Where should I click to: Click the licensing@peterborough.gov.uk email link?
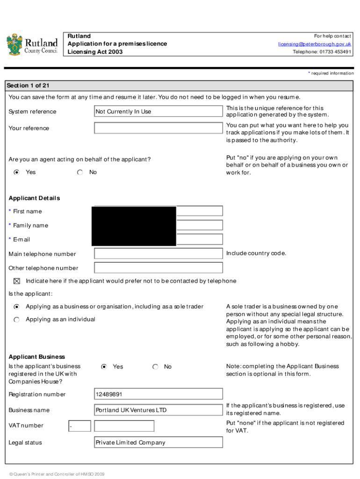click(x=315, y=44)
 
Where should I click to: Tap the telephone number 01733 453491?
click(x=322, y=52)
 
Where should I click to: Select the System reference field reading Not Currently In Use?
click(x=158, y=111)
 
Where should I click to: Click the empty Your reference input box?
click(x=158, y=128)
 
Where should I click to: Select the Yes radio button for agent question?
click(x=17, y=172)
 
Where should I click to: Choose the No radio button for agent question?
click(x=80, y=172)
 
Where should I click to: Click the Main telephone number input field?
click(x=158, y=254)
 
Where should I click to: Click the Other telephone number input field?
click(x=158, y=268)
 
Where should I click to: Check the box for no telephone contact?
click(x=17, y=281)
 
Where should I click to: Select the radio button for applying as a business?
click(x=17, y=307)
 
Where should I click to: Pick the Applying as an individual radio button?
click(x=17, y=319)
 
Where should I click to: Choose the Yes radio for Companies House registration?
click(x=104, y=367)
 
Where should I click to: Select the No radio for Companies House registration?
click(x=155, y=367)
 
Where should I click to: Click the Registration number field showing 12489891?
click(x=158, y=394)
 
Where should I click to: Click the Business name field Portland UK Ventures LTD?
click(x=158, y=410)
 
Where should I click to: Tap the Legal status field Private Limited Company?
click(x=158, y=443)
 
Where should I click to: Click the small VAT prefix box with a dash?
click(x=79, y=426)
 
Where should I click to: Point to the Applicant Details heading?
click(x=34, y=198)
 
